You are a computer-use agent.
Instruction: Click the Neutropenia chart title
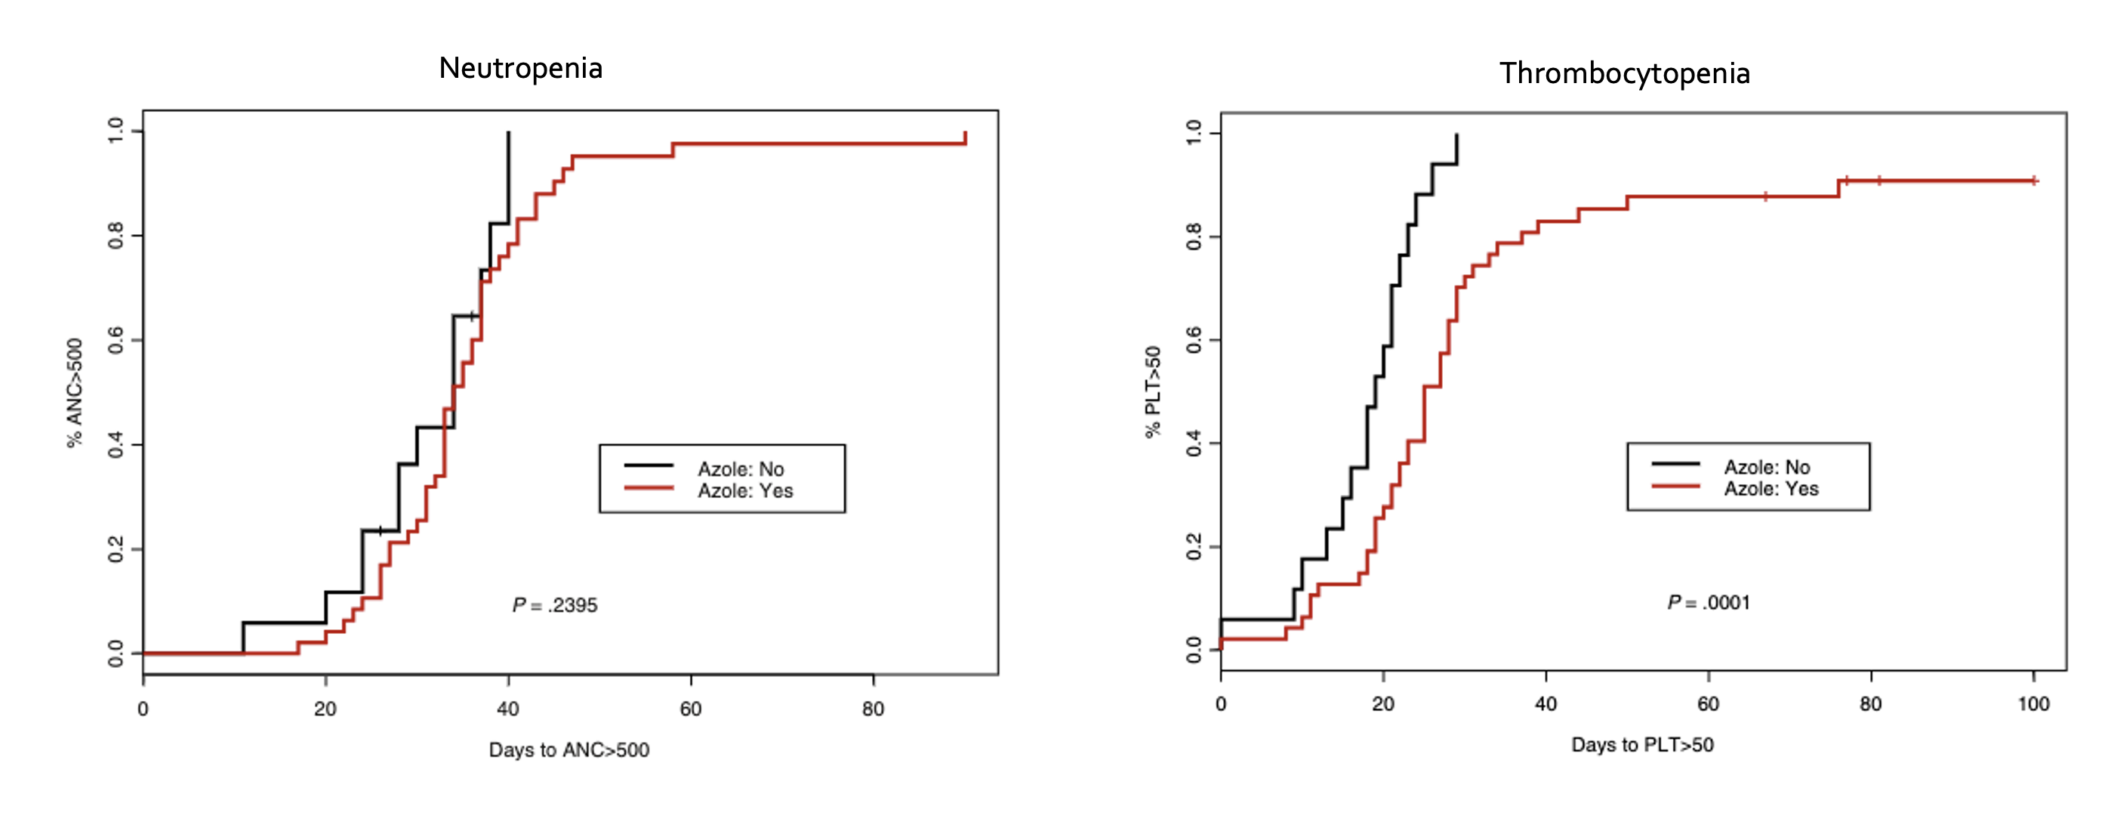coord(520,68)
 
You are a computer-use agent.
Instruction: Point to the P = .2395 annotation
coord(555,605)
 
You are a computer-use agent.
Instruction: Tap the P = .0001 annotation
coord(1709,602)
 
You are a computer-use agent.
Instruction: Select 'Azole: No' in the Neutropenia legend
coord(740,469)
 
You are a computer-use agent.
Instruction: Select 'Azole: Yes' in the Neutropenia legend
coord(744,491)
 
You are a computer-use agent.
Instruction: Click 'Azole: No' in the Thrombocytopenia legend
coord(1767,467)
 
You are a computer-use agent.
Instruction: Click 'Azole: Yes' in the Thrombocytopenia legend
coord(1771,489)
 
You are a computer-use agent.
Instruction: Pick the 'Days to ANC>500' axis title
coord(569,749)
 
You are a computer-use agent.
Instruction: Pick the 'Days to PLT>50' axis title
coord(1642,745)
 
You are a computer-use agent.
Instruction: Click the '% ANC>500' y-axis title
coord(76,393)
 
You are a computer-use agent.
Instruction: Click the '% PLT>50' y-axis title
coord(1153,392)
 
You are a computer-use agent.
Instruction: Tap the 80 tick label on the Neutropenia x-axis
coord(873,709)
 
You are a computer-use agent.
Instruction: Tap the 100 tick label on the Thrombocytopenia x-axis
coord(2032,704)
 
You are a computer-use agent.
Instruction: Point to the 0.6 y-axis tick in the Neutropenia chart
coord(116,341)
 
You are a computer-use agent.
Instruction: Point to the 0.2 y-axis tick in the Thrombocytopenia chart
coord(1194,547)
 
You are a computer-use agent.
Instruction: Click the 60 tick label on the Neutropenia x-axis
coord(691,709)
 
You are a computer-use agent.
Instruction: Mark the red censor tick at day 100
coord(2033,181)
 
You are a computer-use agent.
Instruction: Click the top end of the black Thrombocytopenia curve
coord(1456,135)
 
